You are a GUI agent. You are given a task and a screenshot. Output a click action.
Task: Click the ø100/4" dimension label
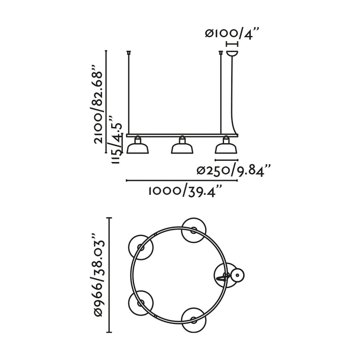[232, 33]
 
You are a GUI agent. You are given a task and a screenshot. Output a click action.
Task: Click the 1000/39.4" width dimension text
[184, 191]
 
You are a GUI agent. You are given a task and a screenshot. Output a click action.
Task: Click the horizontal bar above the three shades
[182, 135]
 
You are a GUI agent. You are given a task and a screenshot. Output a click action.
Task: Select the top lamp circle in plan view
[194, 229]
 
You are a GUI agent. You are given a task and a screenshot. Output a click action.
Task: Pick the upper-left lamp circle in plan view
[140, 247]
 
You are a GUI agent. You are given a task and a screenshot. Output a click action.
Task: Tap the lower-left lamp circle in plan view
[140, 302]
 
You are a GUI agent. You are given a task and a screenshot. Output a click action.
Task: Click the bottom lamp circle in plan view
[194, 321]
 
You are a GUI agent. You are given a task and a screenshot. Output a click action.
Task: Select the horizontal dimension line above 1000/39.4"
[182, 181]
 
